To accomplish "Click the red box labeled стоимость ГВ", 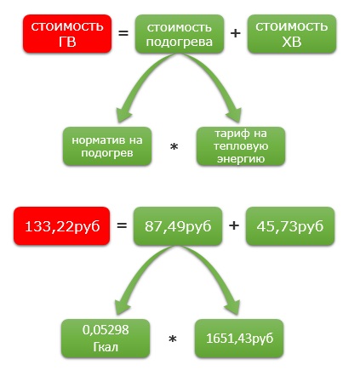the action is [67, 34].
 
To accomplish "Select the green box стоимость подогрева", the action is [180, 34].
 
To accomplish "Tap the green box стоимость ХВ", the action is [292, 34].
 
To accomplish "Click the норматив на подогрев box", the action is [107, 146].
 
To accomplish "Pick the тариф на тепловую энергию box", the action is [241, 146].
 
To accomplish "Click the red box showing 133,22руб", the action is [61, 226].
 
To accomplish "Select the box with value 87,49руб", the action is [178, 226].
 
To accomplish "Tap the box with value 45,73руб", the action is [290, 226].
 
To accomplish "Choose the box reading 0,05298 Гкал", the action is [106, 339].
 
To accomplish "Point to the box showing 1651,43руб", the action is [239, 339].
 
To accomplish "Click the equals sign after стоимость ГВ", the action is [123, 33].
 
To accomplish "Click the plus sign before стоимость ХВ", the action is [236, 33].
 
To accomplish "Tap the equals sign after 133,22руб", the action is [122, 225].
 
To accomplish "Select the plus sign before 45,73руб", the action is [234, 225].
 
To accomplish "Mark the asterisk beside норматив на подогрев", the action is [174, 147].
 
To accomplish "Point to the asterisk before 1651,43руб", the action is [173, 339].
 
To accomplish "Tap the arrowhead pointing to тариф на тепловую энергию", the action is [235, 114].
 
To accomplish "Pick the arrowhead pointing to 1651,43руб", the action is [233, 306].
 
